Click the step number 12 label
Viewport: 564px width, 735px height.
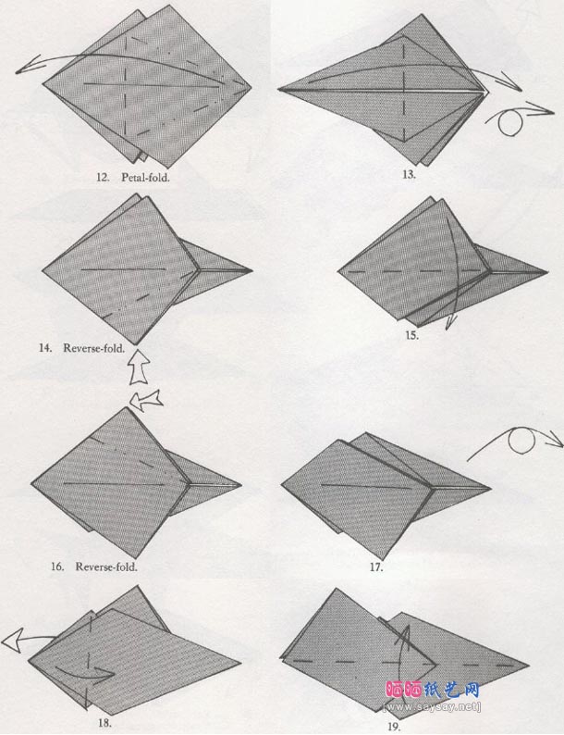[x=103, y=178]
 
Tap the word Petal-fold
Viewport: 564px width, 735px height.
[x=145, y=178]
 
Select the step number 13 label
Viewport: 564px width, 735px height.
[x=409, y=175]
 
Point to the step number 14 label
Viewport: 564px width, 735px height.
[x=45, y=348]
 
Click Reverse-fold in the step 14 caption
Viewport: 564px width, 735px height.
[x=94, y=348]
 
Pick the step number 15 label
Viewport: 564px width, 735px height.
[x=411, y=336]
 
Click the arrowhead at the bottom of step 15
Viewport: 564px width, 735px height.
[x=449, y=323]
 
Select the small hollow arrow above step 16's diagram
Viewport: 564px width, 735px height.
[x=146, y=400]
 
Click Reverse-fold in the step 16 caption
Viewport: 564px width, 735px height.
[x=106, y=567]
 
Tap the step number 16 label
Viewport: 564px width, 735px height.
[x=57, y=567]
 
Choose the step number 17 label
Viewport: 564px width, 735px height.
[x=376, y=567]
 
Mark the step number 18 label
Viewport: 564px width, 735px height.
[x=104, y=723]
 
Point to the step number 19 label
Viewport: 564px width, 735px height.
[x=394, y=727]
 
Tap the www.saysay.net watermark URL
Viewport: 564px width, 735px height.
[x=432, y=706]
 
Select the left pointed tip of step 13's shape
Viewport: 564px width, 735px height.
[x=278, y=89]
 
